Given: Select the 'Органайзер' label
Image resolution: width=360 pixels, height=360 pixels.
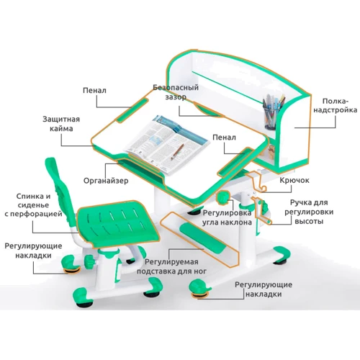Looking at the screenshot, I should point(105,180).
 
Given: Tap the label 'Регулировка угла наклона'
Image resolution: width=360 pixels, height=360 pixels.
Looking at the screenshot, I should point(227,217).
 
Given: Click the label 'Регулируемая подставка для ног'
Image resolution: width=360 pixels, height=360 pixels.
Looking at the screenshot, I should point(176,269).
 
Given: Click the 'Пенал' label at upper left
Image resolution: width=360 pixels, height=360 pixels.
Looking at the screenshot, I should point(95,91).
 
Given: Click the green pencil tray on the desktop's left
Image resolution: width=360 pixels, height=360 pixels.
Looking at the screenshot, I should point(130,111).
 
